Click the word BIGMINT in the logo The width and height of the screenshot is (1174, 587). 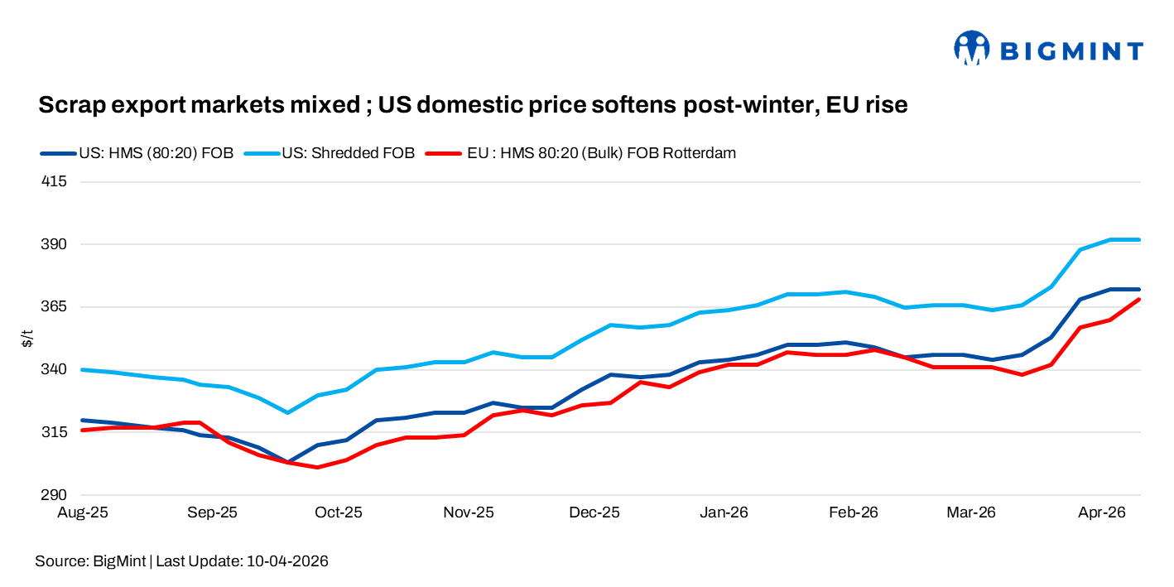point(1072,51)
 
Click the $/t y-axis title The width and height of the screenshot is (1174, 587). point(27,338)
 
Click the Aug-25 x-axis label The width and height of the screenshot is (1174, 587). point(82,513)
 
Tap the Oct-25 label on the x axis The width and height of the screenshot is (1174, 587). point(339,513)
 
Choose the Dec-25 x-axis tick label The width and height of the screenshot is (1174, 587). point(595,513)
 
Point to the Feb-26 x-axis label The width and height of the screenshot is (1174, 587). point(853,513)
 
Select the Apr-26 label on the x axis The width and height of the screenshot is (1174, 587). point(1101,513)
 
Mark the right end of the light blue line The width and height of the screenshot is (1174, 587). point(1140,240)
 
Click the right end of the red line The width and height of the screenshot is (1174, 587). point(1140,300)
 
